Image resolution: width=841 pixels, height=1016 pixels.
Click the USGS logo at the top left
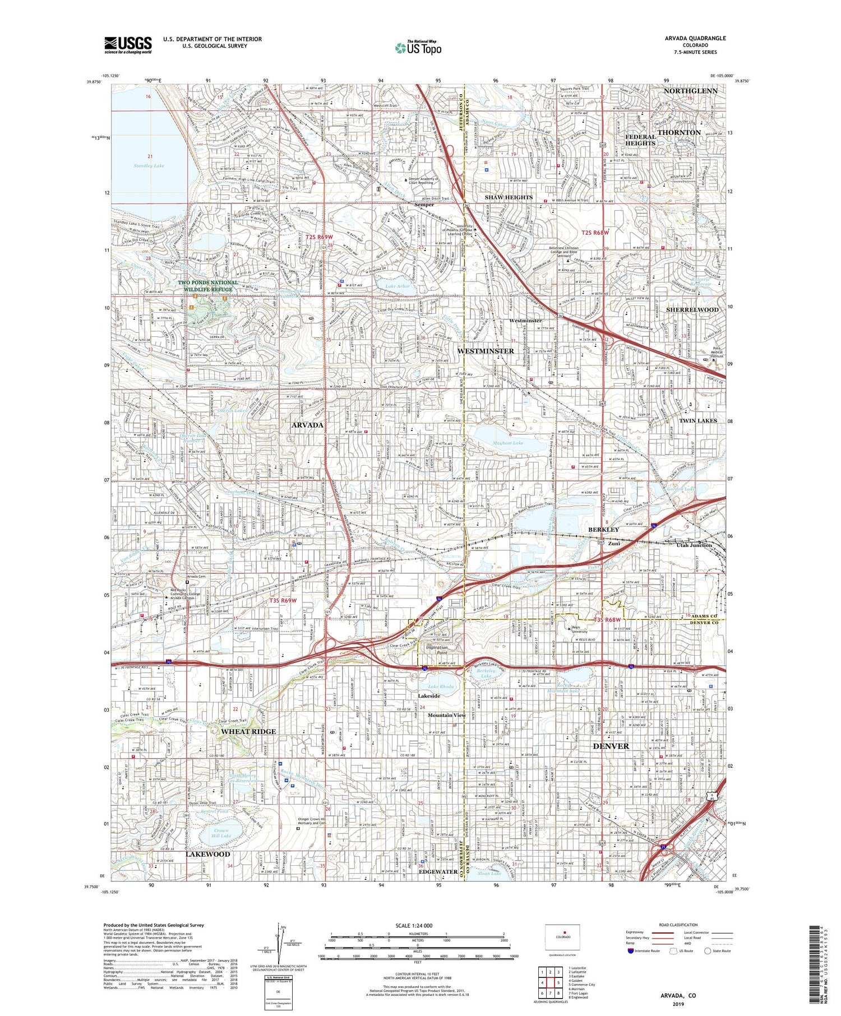coord(128,45)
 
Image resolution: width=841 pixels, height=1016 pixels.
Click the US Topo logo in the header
coord(418,48)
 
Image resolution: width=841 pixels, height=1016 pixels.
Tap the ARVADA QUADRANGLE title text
coord(697,38)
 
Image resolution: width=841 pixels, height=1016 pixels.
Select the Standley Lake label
coord(149,166)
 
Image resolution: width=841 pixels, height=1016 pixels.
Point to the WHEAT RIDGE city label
coord(248,731)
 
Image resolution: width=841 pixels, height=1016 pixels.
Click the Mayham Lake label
coord(507,443)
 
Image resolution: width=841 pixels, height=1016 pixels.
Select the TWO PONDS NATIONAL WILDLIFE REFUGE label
coord(208,286)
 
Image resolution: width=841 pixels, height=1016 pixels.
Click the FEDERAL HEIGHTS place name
coord(640,140)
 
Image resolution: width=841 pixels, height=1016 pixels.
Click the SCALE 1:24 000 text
coord(417,925)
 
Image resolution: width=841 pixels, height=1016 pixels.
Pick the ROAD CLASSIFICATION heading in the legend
coord(678,925)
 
